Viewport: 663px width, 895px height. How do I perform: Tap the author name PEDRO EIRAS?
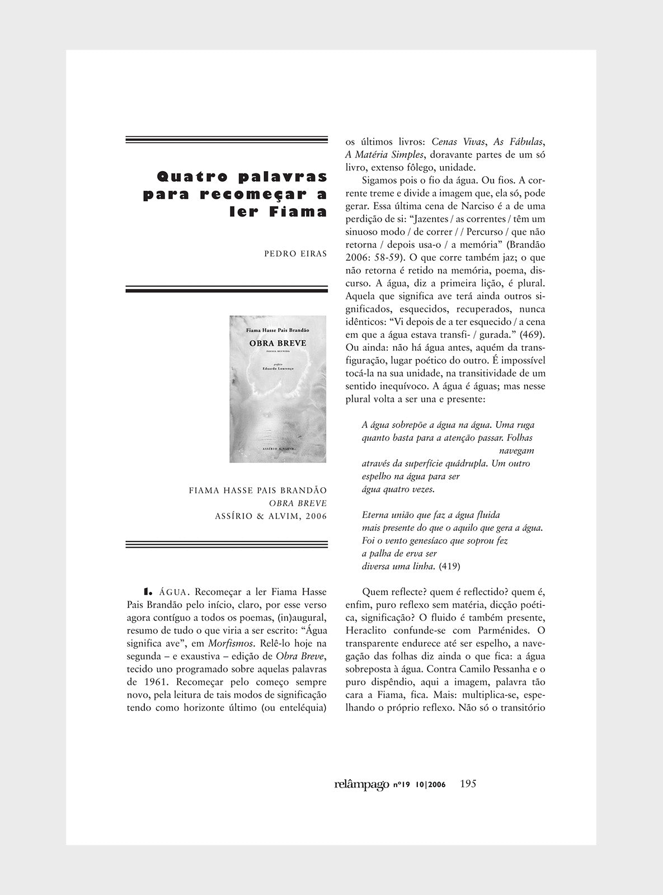(x=295, y=253)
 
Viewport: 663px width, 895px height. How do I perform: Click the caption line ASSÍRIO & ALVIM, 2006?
(x=271, y=516)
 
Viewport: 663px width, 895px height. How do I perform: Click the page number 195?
(x=467, y=784)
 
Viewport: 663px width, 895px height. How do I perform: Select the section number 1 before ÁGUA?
(x=147, y=591)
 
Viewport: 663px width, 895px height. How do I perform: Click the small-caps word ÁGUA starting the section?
(x=175, y=591)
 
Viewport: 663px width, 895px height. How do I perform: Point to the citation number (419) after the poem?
(x=450, y=566)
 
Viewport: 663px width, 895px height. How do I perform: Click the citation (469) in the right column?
(x=533, y=335)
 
